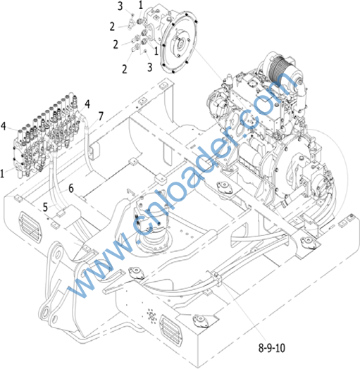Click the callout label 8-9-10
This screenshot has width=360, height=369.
[x=272, y=348]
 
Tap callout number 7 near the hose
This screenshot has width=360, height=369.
[x=101, y=116]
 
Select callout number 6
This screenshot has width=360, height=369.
[x=71, y=189]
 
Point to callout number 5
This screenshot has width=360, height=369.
[x=45, y=207]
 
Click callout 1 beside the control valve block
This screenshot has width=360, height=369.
[x=2, y=174]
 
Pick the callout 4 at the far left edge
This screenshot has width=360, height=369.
[x=4, y=126]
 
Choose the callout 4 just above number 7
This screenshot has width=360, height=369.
[x=87, y=104]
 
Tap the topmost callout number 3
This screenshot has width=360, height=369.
[x=120, y=6]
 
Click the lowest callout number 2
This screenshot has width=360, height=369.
[x=124, y=69]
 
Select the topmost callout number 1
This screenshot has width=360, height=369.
[x=141, y=5]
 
